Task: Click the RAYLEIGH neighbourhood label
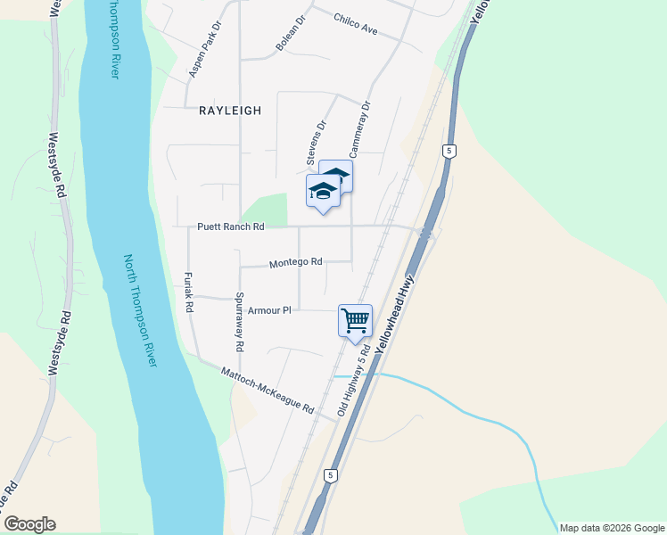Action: pos(230,111)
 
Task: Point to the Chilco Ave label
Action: pos(357,24)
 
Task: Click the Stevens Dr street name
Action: pos(317,143)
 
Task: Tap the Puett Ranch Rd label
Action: pos(231,227)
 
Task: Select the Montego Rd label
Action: pos(295,263)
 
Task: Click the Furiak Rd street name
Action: pos(189,292)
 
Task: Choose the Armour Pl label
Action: pos(270,310)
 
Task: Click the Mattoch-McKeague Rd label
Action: pos(268,391)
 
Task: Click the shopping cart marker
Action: pos(355,320)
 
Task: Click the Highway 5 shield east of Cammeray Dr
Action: pos(449,152)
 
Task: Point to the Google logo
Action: pos(30,524)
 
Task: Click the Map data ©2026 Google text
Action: pos(611,528)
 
